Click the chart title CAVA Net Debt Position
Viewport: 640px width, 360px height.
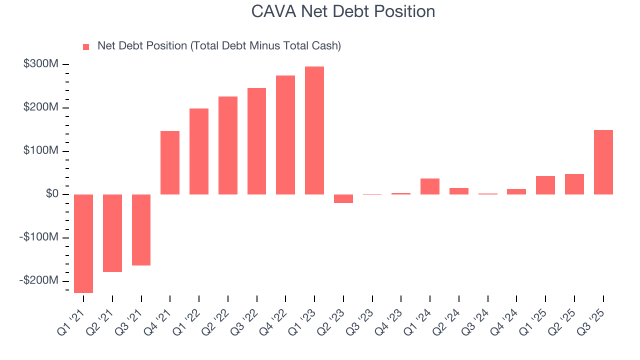pos(343,11)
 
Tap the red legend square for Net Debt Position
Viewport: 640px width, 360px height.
pos(86,46)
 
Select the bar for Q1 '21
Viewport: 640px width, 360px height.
pos(83,243)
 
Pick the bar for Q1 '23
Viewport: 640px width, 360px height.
pos(314,130)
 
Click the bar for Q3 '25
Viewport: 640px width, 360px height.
pos(603,162)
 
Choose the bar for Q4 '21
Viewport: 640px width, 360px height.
pos(170,162)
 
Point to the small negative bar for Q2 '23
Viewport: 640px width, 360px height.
pos(343,198)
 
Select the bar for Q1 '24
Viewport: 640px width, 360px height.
pos(430,186)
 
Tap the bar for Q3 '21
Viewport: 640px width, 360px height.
pos(141,229)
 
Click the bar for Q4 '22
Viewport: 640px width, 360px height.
pos(285,135)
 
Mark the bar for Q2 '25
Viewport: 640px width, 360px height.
pos(574,184)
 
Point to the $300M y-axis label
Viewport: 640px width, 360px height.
pos(40,64)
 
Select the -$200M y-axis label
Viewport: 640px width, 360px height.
pos(38,280)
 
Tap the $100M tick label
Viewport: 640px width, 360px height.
pos(40,151)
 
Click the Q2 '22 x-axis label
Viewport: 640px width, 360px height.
pos(217,322)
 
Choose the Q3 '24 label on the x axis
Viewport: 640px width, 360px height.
pos(477,322)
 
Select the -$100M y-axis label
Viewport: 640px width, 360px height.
pos(38,237)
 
